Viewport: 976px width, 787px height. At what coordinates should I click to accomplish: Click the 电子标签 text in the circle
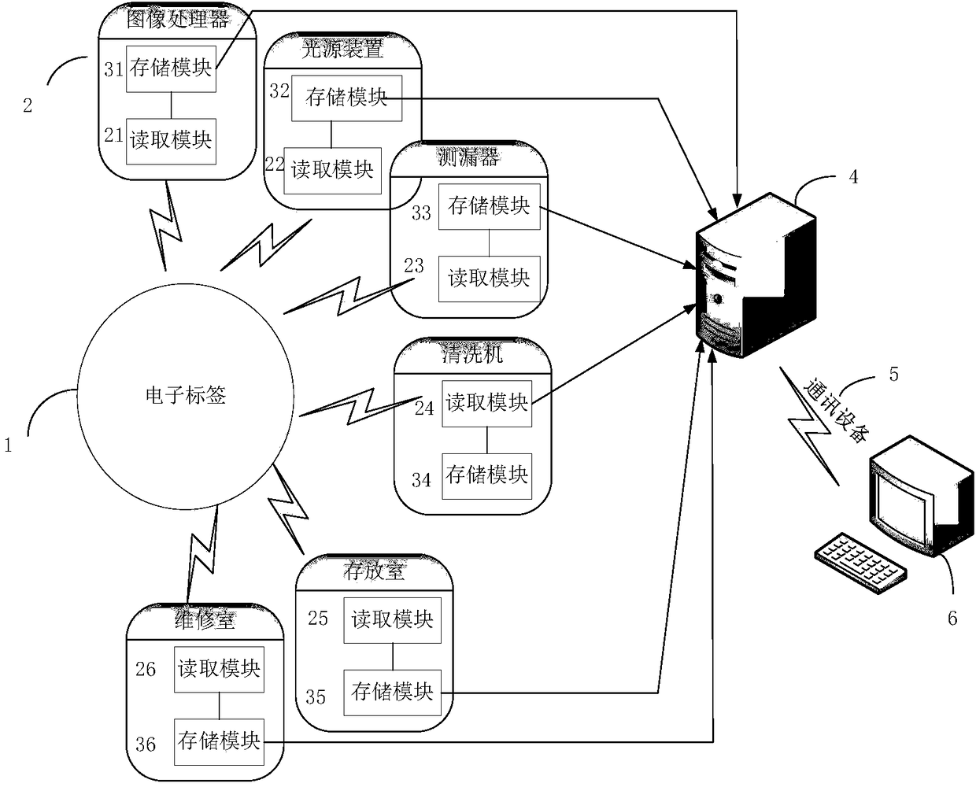186,395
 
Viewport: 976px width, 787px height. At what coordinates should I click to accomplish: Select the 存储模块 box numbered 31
171,69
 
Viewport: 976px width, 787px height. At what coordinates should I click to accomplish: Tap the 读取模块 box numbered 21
171,141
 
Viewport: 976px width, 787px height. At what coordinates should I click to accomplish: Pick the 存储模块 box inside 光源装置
346,98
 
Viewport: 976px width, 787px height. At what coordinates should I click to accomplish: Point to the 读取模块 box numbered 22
332,171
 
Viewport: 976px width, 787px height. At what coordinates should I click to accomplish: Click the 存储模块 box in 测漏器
489,206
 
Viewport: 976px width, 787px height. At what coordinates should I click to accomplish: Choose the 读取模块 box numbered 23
489,279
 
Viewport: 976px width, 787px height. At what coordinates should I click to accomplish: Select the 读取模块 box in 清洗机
486,403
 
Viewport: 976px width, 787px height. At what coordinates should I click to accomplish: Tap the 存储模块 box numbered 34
486,476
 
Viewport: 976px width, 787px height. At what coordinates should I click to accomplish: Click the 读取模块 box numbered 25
392,620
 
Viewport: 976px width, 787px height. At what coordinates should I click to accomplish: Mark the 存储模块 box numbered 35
392,693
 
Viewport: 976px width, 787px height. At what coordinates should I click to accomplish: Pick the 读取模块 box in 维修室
219,669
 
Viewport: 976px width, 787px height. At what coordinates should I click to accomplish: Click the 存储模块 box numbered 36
219,741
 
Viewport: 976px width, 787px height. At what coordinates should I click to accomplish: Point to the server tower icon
756,275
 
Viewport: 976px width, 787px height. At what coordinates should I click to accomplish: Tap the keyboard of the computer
860,563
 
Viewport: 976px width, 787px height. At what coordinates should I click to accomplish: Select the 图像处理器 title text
177,20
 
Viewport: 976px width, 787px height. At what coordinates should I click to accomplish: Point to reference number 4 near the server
853,177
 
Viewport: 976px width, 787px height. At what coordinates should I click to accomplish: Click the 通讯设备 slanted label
837,409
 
